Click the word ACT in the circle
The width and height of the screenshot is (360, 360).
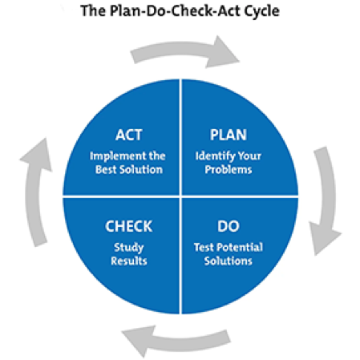[128, 135]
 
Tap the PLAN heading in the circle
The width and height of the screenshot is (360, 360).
[229, 135]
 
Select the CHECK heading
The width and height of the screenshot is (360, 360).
[129, 226]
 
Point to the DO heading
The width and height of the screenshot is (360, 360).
[229, 226]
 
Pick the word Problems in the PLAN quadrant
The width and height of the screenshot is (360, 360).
[229, 169]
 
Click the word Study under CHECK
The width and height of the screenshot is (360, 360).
[129, 248]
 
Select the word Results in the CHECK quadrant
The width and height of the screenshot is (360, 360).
[129, 261]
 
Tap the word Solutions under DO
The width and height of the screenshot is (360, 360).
[229, 261]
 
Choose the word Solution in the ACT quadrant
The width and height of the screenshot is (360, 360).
[141, 169]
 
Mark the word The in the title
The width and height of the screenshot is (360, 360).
[93, 10]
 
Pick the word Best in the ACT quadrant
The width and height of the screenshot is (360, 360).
[106, 169]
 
